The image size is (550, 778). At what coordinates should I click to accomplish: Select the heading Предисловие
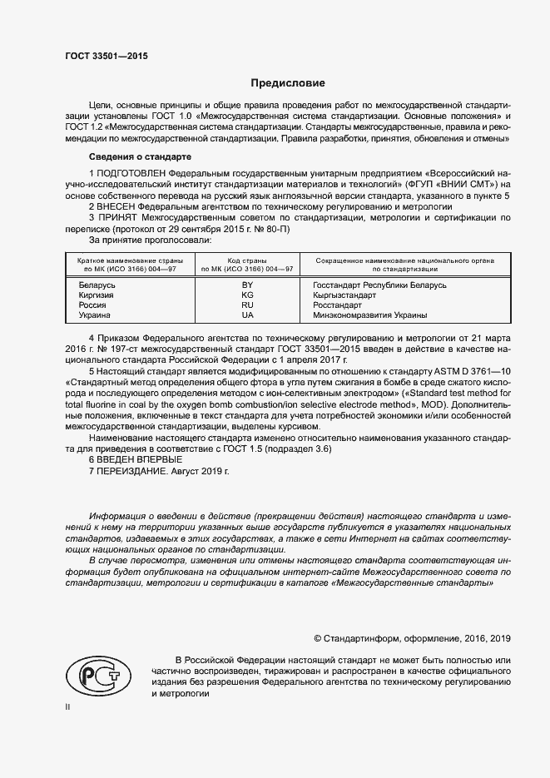288,83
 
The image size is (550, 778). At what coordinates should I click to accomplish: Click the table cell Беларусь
97,285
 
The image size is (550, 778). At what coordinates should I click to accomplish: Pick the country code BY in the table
246,285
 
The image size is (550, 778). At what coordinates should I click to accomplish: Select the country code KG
246,295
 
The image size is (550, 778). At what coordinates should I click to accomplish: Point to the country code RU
246,305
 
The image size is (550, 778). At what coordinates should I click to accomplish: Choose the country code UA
246,315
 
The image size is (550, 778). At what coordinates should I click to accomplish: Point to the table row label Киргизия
97,295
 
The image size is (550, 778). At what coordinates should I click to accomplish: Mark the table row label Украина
95,315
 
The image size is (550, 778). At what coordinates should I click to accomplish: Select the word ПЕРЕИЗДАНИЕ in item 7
132,471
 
